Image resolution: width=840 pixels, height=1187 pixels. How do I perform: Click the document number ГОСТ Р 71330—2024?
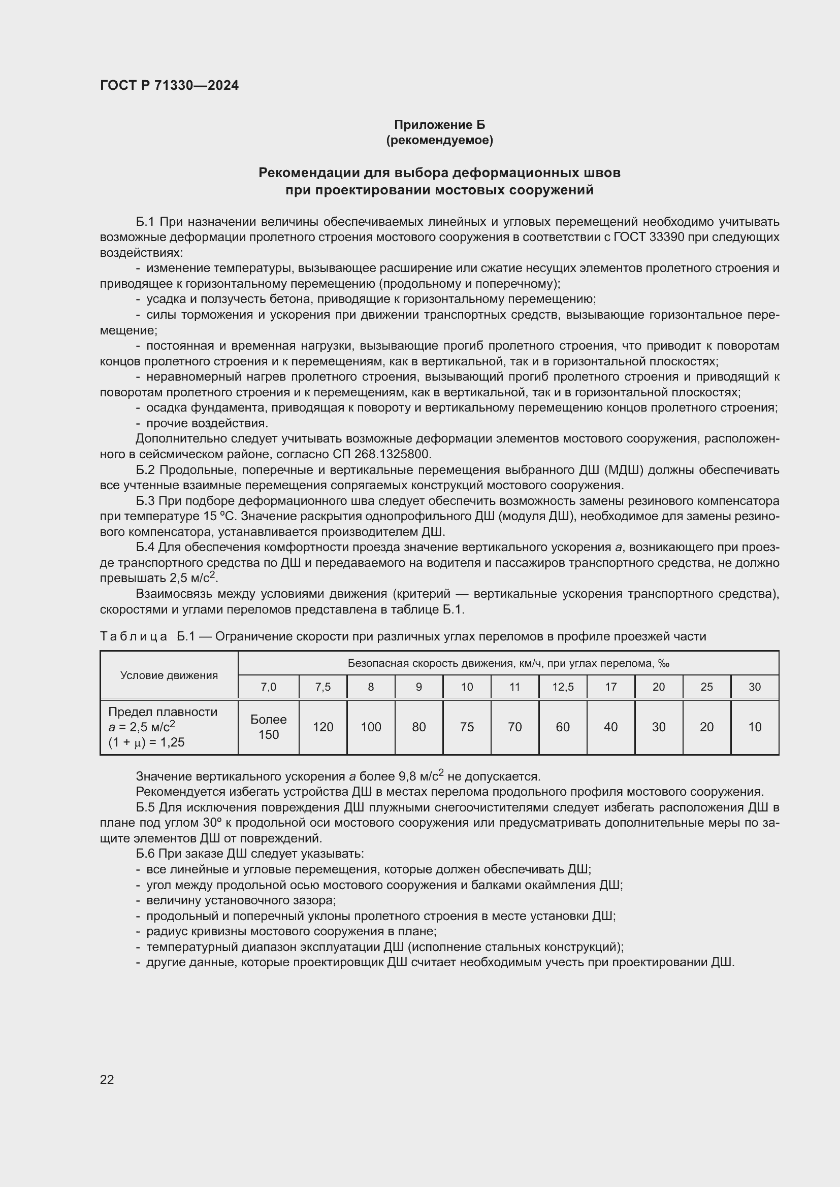click(x=169, y=85)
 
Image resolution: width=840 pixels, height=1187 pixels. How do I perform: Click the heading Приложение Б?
click(x=440, y=125)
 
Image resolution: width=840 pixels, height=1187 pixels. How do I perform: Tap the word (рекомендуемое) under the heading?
click(x=440, y=140)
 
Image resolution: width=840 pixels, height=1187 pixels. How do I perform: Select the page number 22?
click(x=107, y=1079)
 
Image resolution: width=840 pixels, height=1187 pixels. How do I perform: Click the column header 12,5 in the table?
click(x=563, y=687)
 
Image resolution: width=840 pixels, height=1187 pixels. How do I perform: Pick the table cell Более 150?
click(x=269, y=727)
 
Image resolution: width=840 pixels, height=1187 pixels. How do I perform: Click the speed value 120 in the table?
click(x=323, y=727)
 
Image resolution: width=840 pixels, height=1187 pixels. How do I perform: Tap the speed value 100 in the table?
click(x=371, y=727)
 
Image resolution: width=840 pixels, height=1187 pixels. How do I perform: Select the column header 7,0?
click(x=269, y=687)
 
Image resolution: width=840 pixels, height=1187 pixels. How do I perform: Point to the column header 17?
click(x=611, y=687)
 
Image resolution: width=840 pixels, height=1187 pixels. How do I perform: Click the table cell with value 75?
click(x=467, y=727)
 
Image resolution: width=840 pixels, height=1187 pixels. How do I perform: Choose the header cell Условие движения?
click(x=169, y=675)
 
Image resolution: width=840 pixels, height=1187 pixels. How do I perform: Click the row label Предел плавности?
click(x=163, y=712)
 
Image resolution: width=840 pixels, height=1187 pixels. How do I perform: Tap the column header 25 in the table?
click(x=706, y=687)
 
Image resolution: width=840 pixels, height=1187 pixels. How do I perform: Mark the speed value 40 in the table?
click(x=611, y=727)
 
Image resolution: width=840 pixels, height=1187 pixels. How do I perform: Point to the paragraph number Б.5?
click(x=145, y=807)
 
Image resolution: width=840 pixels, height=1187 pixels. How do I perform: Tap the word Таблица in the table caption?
click(x=134, y=636)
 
